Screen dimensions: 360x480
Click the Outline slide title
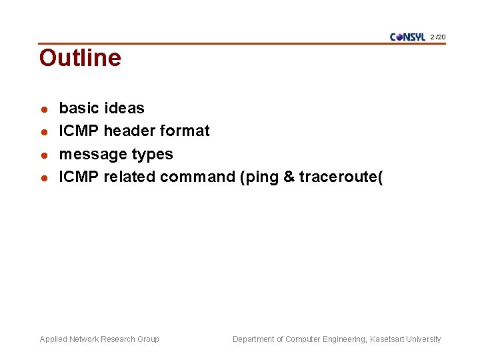(x=80, y=58)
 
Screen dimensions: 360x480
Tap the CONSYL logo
(x=407, y=37)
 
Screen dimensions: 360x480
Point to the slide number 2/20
(x=439, y=37)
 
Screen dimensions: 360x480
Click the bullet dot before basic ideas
(x=43, y=109)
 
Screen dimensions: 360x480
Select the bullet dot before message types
(x=43, y=155)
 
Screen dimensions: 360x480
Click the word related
(x=129, y=177)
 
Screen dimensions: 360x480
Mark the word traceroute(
(x=341, y=177)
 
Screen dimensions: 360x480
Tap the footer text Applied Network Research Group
(x=99, y=339)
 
